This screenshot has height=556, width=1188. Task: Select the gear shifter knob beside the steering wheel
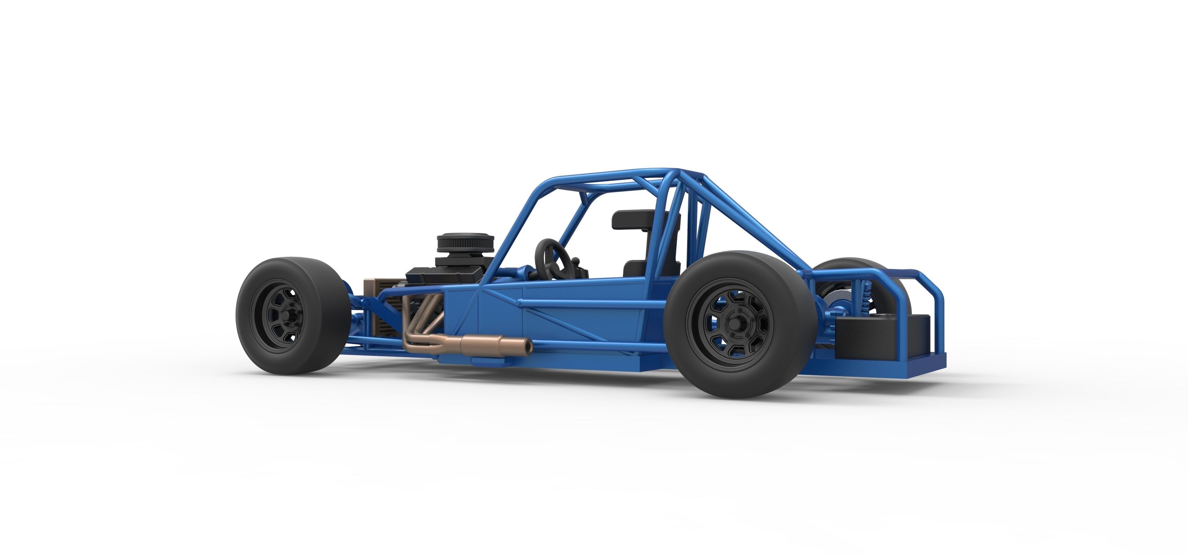(x=577, y=262)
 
